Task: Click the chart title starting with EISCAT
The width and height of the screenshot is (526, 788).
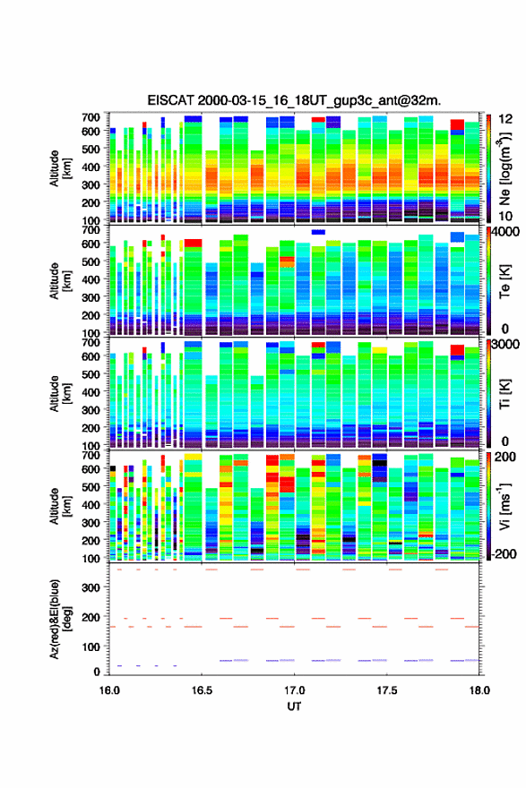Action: tap(294, 100)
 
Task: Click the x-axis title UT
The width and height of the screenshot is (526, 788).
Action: tap(294, 707)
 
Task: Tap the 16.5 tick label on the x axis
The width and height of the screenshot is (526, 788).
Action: tap(202, 690)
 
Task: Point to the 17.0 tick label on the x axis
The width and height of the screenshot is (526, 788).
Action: tap(294, 690)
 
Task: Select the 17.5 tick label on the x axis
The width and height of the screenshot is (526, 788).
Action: tap(387, 690)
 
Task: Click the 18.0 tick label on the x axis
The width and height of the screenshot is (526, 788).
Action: tap(479, 690)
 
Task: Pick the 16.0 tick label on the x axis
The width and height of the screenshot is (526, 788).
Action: tap(109, 690)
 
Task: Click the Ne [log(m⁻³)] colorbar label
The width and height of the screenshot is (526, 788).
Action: tap(504, 168)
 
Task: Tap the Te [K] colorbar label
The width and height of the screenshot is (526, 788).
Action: tap(504, 281)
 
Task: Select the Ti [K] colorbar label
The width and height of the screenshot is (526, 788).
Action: tap(504, 393)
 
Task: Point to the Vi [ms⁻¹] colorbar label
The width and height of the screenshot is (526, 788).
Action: tap(504, 506)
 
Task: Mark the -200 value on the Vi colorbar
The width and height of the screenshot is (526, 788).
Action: tap(502, 553)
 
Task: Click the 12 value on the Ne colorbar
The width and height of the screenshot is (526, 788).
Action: tap(504, 119)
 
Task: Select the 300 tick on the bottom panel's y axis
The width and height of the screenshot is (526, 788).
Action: tap(91, 587)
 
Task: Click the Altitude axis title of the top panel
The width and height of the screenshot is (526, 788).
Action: tap(59, 168)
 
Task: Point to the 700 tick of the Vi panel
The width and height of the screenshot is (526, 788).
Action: tap(91, 455)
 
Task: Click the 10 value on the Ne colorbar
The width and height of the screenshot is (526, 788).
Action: tap(504, 217)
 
